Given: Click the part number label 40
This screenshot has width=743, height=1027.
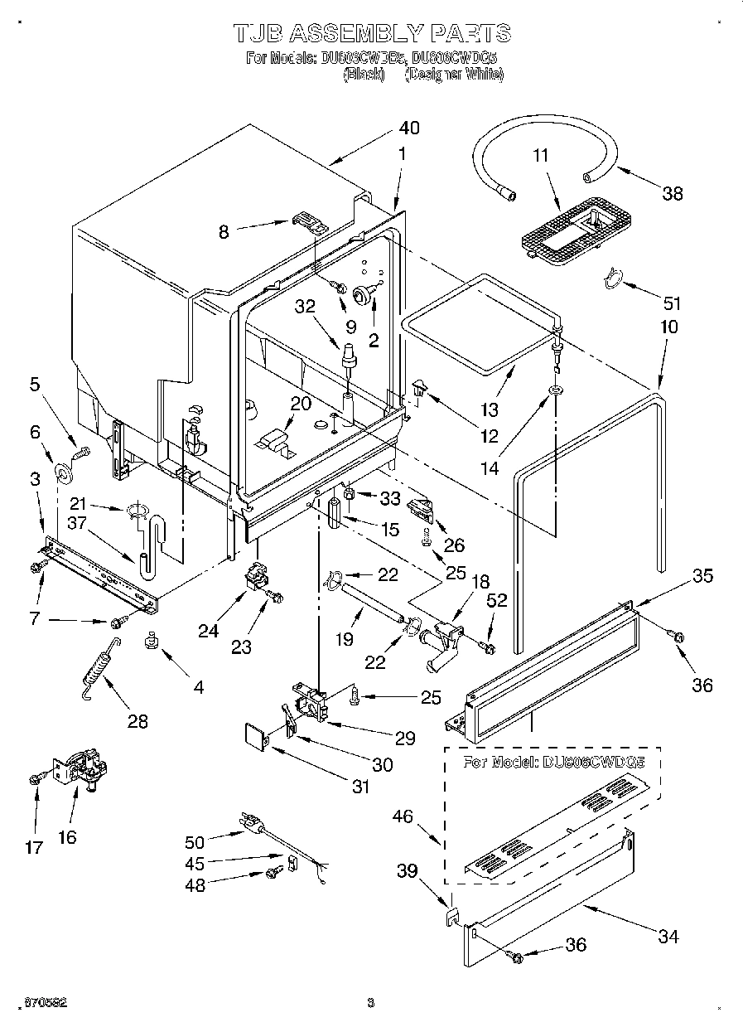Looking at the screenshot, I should pyautogui.click(x=408, y=128).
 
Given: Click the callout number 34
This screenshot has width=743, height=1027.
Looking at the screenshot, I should pyautogui.click(x=668, y=937).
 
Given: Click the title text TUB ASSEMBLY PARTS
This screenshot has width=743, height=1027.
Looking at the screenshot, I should pyautogui.click(x=371, y=32).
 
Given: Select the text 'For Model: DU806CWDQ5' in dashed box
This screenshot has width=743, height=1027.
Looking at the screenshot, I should pyautogui.click(x=553, y=761).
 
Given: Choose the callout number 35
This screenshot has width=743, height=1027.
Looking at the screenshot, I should pyautogui.click(x=702, y=576).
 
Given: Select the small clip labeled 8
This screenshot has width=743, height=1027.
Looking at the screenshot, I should pyautogui.click(x=307, y=221).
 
